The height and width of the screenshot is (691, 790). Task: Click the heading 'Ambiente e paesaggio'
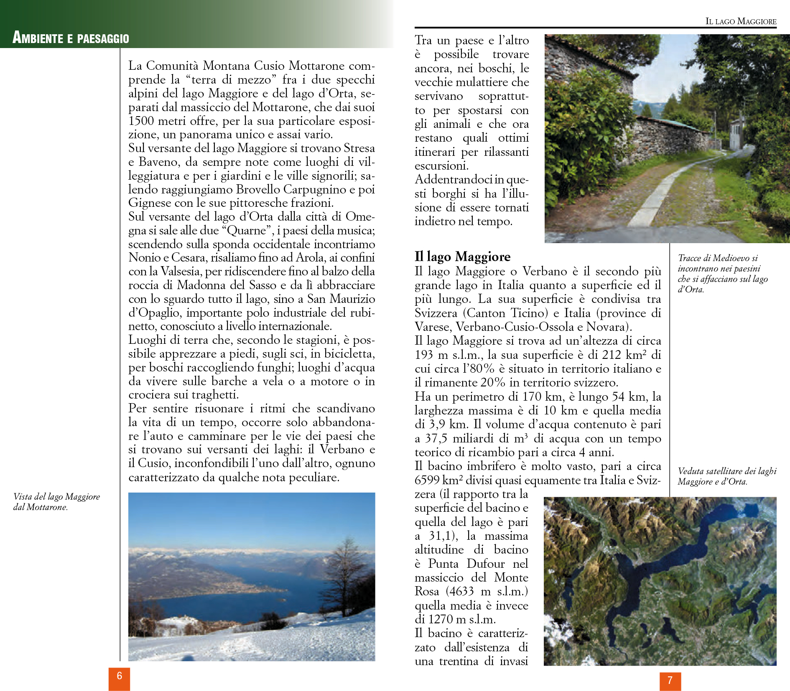click(x=71, y=38)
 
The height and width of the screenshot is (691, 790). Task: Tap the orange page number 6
click(x=119, y=676)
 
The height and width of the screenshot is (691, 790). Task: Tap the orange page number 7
click(x=670, y=681)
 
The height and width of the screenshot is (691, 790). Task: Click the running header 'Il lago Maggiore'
click(x=741, y=21)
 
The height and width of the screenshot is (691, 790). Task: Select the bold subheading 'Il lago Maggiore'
click(x=462, y=257)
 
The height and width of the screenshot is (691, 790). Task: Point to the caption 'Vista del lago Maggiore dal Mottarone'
click(x=56, y=501)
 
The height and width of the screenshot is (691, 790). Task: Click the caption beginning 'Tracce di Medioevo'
click(x=722, y=273)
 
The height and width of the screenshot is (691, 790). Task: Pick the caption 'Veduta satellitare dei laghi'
click(x=727, y=476)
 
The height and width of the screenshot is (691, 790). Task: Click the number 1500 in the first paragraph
click(x=141, y=121)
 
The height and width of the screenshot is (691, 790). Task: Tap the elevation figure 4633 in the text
click(x=462, y=592)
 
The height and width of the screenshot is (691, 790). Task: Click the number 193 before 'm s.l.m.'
click(x=423, y=355)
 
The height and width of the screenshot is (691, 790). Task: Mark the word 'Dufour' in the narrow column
click(x=485, y=564)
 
